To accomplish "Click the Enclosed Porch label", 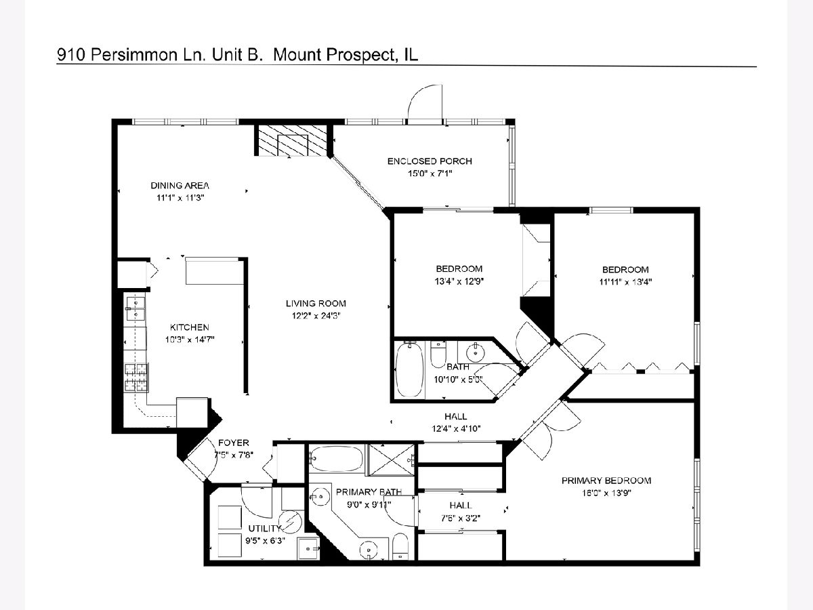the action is pyautogui.click(x=430, y=161).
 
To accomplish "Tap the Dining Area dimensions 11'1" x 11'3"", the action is pyautogui.click(x=180, y=198).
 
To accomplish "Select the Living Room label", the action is pyautogui.click(x=316, y=304).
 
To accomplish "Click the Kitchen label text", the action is pyautogui.click(x=189, y=327).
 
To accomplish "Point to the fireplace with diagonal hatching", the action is pyautogui.click(x=293, y=140).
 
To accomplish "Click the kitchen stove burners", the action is pyautogui.click(x=136, y=378).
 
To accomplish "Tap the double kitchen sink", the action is pyautogui.click(x=135, y=308).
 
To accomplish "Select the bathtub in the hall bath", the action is pyautogui.click(x=409, y=370).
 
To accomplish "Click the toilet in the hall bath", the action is pyautogui.click(x=438, y=353).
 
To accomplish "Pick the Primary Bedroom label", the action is pyautogui.click(x=606, y=481).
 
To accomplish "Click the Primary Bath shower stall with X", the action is pyautogui.click(x=392, y=460).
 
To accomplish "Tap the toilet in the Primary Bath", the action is pyautogui.click(x=400, y=546).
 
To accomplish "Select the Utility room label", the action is pyautogui.click(x=264, y=528).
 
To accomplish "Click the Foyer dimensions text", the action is pyautogui.click(x=234, y=454).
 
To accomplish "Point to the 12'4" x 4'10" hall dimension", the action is pyautogui.click(x=456, y=428).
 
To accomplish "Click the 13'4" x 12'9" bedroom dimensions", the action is pyautogui.click(x=459, y=281).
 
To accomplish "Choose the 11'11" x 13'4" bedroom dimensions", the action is pyautogui.click(x=625, y=282).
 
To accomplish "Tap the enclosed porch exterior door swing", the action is pyautogui.click(x=425, y=102).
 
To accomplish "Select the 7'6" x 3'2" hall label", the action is pyautogui.click(x=461, y=518).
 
